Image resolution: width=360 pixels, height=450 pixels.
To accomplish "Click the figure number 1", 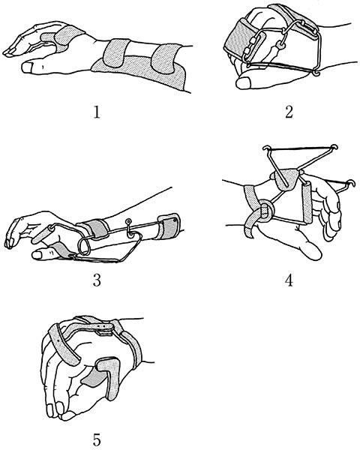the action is click(97, 112).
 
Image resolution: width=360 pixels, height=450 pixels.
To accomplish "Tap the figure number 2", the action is click(289, 112).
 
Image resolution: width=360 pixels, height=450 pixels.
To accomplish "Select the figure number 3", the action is click(97, 280).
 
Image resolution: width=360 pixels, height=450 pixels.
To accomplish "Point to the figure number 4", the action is click(289, 280).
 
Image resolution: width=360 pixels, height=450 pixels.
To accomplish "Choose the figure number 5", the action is click(97, 438).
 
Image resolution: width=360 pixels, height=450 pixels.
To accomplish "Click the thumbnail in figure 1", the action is click(27, 67).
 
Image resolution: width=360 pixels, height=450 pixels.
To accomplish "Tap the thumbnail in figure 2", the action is click(243, 83).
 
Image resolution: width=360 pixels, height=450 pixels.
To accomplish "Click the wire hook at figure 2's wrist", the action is click(316, 73).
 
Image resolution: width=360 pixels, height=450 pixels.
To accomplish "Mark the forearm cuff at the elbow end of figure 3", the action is click(168, 226).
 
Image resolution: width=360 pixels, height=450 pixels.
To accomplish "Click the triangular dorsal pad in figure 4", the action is click(286, 178).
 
